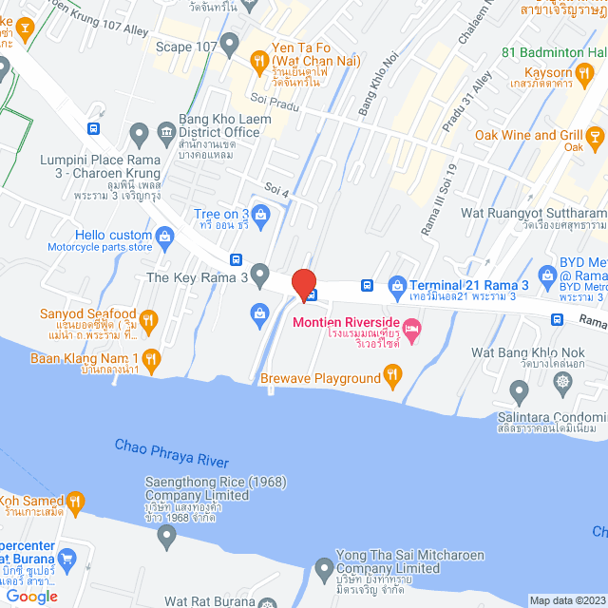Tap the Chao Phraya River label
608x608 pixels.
point(172,452)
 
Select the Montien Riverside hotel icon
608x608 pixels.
point(411,330)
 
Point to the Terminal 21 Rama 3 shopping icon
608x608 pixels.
point(397,284)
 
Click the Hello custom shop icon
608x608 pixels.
point(163,234)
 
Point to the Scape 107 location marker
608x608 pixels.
point(229,43)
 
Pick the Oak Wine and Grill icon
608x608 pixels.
point(595,140)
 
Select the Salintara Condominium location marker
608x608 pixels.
point(518,389)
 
